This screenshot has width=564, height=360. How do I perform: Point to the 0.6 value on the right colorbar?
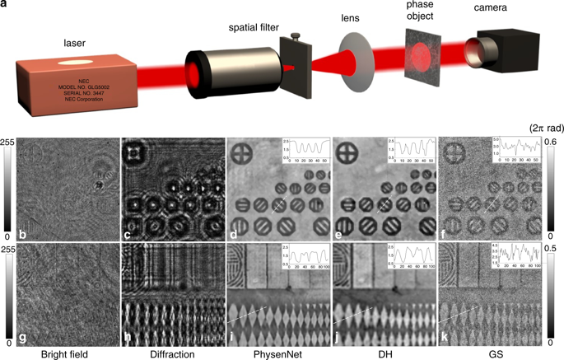(556, 142)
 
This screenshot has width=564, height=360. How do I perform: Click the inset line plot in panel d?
(305, 152)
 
